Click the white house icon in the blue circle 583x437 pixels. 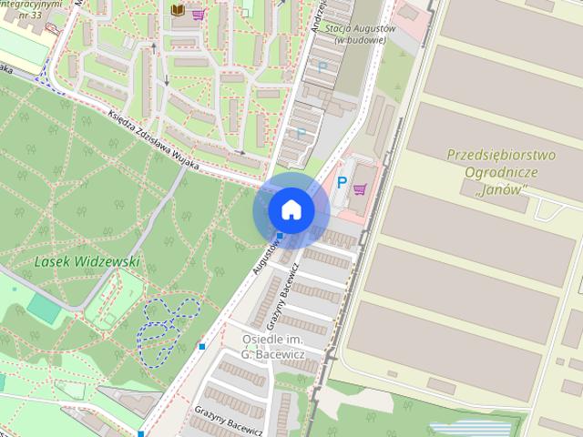[291, 210]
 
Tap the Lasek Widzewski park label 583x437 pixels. [87, 261]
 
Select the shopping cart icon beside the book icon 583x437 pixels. [198, 14]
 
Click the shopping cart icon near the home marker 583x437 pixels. [360, 189]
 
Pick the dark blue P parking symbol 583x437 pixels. [342, 183]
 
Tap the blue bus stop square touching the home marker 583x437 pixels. [280, 237]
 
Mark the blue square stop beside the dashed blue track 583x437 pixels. [201, 346]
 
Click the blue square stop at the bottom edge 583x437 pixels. [141, 433]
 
